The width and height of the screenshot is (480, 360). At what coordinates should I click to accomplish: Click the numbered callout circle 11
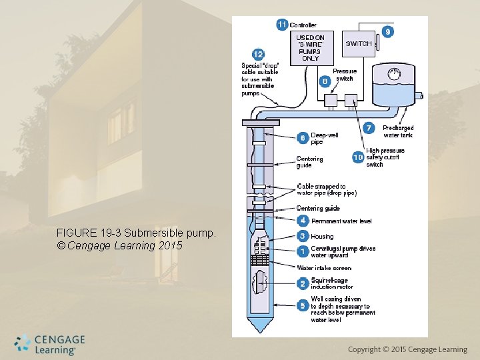pos(282,25)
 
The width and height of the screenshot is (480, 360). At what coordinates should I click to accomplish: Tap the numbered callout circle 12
pos(257,54)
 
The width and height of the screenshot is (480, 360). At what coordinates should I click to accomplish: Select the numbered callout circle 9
pos(387,31)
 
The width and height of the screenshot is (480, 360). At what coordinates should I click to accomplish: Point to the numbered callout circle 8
pos(325,81)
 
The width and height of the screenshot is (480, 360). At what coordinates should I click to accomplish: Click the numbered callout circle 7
pos(369,127)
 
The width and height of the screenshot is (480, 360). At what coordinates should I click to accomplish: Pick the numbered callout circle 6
pos(302,138)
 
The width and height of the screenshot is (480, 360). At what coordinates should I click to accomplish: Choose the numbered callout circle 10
pos(358,157)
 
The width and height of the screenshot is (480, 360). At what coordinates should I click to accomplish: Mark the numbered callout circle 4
pos(302,221)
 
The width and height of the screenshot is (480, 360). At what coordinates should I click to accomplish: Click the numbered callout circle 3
pos(302,236)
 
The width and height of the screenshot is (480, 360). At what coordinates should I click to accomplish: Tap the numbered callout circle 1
pos(302,251)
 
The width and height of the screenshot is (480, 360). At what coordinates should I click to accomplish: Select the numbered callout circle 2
pos(302,283)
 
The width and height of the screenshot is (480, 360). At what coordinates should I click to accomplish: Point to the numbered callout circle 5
pos(302,305)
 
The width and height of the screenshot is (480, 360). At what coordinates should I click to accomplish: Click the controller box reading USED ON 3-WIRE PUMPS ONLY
pos(310,48)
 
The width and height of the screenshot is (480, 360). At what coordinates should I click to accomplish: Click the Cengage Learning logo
pos(50,344)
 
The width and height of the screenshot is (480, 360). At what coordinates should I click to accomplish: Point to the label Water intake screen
pos(323,268)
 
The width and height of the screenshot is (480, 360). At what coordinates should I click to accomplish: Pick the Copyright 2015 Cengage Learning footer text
pos(407,349)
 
